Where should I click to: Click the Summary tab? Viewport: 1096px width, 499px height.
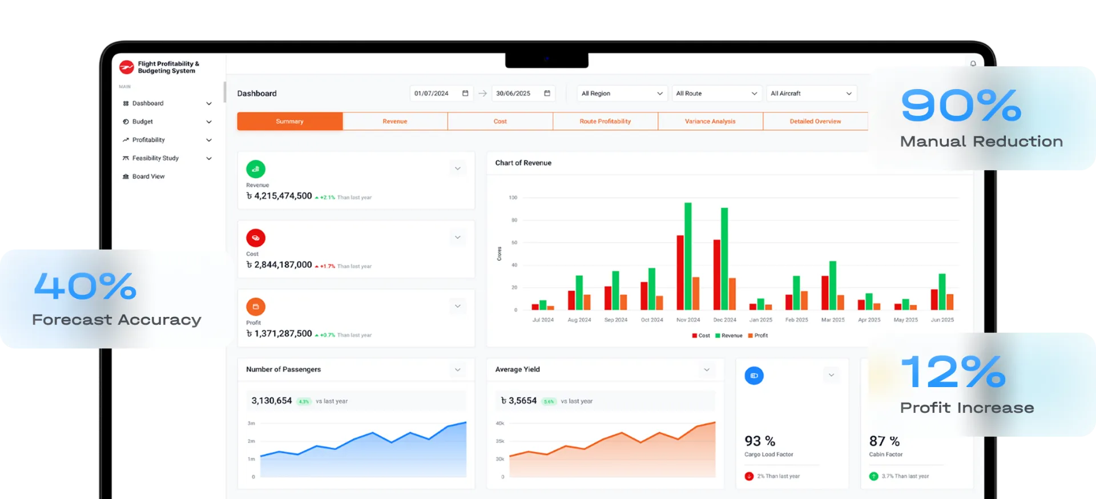pos(289,121)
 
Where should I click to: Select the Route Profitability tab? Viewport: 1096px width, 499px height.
pos(605,121)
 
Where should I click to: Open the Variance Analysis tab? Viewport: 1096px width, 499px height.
pos(710,121)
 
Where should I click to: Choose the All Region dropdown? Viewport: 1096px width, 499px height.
pos(622,93)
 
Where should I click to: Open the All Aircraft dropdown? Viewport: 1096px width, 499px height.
pos(811,93)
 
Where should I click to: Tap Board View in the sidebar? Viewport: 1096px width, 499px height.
pos(148,176)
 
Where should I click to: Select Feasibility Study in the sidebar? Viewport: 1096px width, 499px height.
pos(155,158)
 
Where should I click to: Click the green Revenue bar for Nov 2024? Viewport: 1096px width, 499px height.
pos(688,256)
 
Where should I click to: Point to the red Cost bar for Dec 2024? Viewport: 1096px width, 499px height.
pos(717,275)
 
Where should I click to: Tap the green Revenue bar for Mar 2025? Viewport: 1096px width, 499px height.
pos(833,285)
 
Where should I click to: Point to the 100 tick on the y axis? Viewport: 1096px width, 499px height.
pos(513,198)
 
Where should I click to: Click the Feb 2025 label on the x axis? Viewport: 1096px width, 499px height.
pos(796,320)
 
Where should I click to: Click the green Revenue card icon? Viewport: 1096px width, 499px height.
pos(256,169)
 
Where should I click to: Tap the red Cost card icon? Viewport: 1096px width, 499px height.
pos(256,238)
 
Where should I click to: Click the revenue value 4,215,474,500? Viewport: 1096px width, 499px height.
pos(283,196)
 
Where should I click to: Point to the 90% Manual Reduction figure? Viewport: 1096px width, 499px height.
pos(961,106)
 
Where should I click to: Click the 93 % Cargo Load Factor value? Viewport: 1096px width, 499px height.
pos(760,441)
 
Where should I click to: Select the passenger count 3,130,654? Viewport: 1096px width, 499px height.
pos(272,401)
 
